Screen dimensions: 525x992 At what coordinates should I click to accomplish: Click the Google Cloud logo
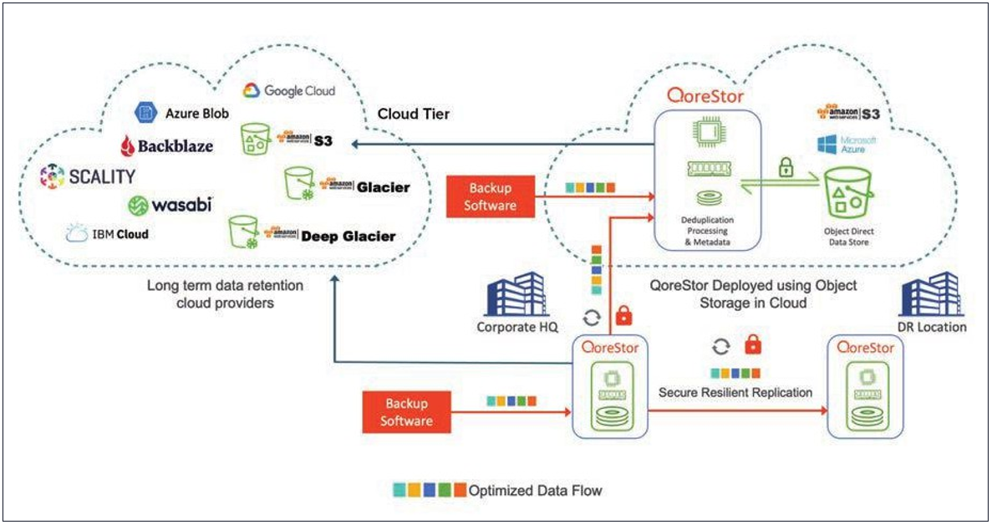tap(288, 90)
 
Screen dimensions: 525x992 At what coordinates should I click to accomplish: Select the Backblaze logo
tap(167, 145)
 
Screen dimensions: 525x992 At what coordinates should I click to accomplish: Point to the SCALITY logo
tap(87, 176)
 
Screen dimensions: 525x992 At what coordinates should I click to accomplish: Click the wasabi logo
tap(170, 204)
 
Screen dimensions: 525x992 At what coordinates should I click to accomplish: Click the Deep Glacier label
tap(347, 236)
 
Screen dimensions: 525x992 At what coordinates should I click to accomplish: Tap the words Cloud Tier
tap(414, 114)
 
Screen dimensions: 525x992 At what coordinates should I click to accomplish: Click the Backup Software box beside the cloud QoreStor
tap(490, 196)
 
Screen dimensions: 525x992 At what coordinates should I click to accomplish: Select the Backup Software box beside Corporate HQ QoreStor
tap(406, 412)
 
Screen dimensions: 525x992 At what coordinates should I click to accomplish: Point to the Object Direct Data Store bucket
tap(848, 195)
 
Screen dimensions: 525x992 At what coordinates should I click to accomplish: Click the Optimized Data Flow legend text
tap(535, 491)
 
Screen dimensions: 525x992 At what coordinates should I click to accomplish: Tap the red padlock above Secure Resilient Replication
tap(753, 345)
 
